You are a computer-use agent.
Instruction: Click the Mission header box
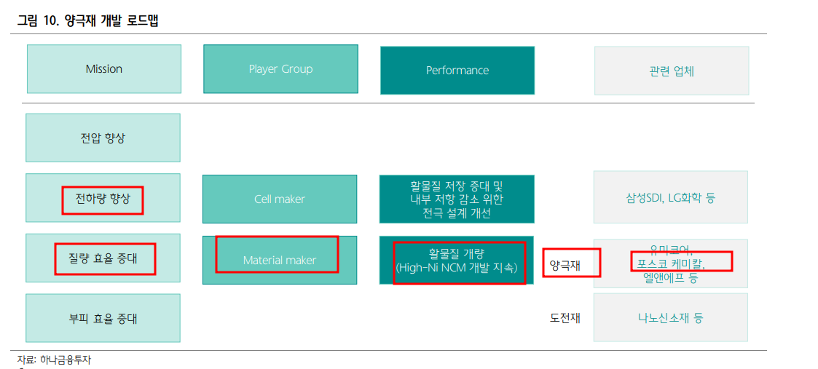click(x=103, y=69)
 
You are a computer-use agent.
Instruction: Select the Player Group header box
click(x=280, y=69)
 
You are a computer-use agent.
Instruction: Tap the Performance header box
click(x=457, y=71)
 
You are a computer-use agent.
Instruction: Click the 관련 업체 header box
click(x=671, y=71)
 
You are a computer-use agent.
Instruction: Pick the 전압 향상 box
click(x=103, y=138)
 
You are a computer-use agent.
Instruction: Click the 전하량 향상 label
click(x=103, y=199)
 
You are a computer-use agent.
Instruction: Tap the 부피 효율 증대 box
click(x=103, y=318)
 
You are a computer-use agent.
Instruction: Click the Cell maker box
click(x=280, y=199)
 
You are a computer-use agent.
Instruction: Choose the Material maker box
click(x=279, y=260)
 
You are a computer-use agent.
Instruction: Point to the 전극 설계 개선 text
click(x=457, y=213)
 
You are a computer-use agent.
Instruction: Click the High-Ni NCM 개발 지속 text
click(x=457, y=268)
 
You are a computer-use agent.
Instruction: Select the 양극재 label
click(x=565, y=265)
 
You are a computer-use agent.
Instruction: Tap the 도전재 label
click(x=565, y=318)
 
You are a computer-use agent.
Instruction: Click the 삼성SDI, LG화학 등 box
click(x=670, y=197)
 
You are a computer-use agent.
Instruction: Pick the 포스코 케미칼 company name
click(x=670, y=262)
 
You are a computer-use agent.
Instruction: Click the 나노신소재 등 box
click(x=670, y=318)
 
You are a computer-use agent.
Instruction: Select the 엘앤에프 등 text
click(x=670, y=277)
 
